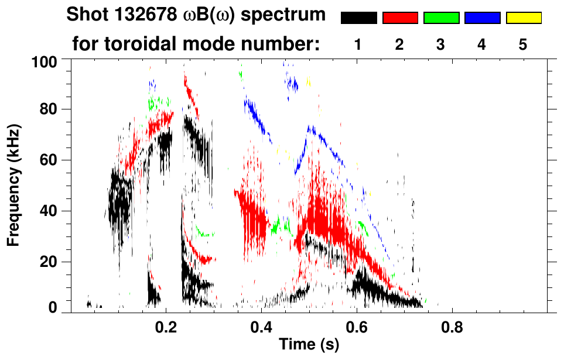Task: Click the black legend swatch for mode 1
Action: tap(358, 18)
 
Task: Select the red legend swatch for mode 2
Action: tap(400, 18)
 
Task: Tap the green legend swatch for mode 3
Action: tap(441, 18)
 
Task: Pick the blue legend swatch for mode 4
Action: tap(482, 18)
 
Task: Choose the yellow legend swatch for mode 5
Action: tap(524, 18)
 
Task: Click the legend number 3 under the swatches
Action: tap(441, 46)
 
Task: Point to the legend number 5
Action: tap(524, 46)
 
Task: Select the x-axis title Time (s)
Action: tap(308, 345)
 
